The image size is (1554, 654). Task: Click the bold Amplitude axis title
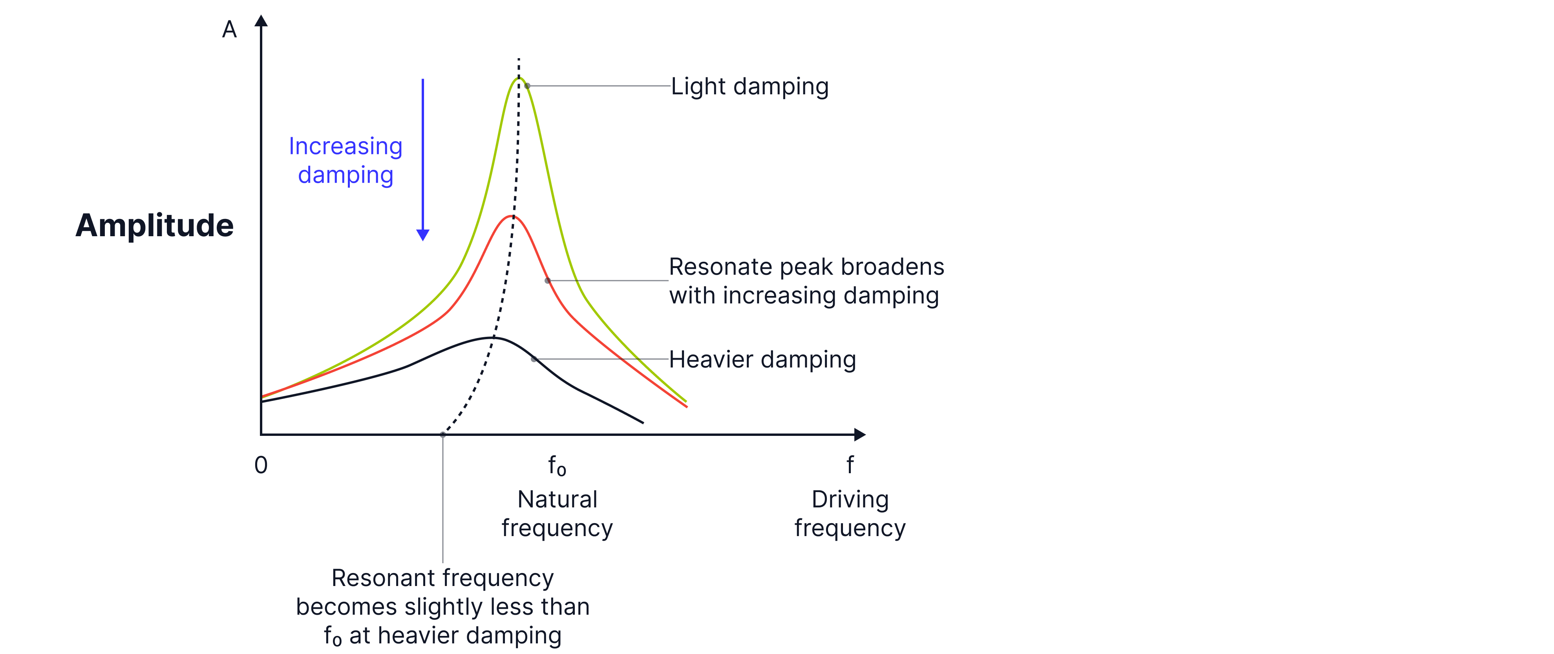coord(154,225)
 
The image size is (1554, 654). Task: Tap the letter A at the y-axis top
coord(229,29)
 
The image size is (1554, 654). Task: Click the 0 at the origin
coord(261,465)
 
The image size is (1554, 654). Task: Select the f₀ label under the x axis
coord(556,466)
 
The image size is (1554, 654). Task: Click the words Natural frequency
coord(557,513)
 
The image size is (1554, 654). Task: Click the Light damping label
coord(749,86)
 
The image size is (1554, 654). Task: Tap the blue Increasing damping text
coord(346,160)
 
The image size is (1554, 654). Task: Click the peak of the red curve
coord(512,216)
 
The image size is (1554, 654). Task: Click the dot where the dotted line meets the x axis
coord(443,434)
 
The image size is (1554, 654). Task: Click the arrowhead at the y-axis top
coord(261,21)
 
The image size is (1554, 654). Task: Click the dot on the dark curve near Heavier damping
coord(534,359)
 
